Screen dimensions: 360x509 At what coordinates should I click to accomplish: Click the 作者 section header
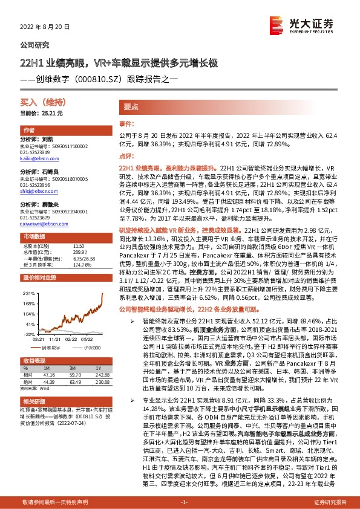(29, 131)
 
